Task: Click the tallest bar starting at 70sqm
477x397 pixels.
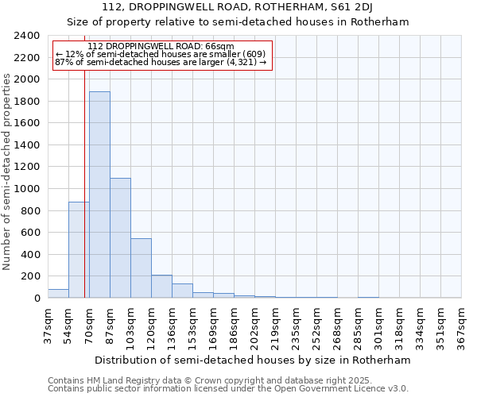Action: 99,195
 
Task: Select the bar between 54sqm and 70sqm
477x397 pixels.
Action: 79,249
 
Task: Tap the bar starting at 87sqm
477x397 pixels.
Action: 120,238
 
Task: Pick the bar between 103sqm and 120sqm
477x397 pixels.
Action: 141,268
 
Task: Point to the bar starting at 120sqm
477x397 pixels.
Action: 161,287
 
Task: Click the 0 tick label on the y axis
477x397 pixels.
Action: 37,299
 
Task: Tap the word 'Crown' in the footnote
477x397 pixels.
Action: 183,380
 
